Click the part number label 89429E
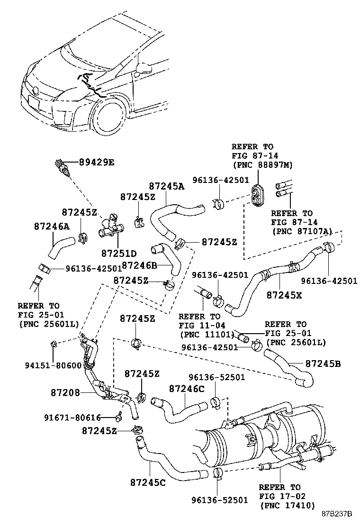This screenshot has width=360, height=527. click(x=97, y=162)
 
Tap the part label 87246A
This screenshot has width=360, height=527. click(x=52, y=227)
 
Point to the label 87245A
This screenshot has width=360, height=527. click(x=167, y=187)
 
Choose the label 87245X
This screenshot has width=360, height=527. click(x=284, y=294)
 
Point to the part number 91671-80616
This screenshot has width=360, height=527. click(x=72, y=418)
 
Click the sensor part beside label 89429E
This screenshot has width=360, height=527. click(x=61, y=170)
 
